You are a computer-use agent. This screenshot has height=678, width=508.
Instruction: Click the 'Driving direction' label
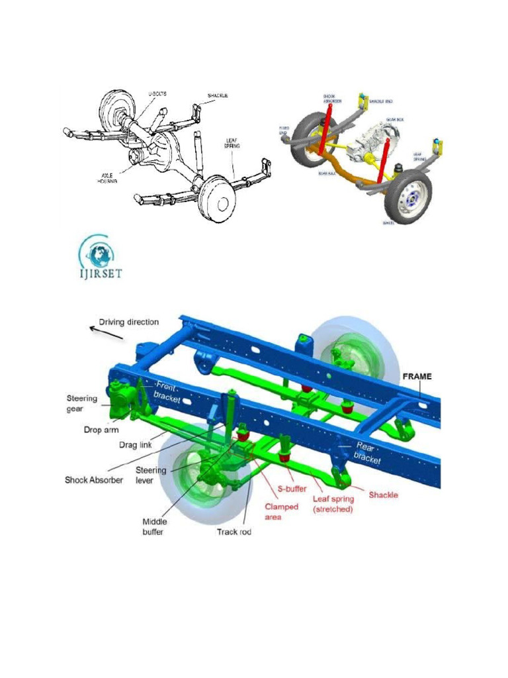(129, 322)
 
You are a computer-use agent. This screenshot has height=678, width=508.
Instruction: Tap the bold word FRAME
(417, 377)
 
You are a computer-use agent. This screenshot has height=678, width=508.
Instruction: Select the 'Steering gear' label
(82, 403)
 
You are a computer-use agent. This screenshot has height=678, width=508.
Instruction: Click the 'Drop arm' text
(102, 430)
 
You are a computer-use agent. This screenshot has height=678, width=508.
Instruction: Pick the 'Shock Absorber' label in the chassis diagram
(93, 479)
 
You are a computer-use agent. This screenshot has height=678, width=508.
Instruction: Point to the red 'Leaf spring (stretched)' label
(333, 505)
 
